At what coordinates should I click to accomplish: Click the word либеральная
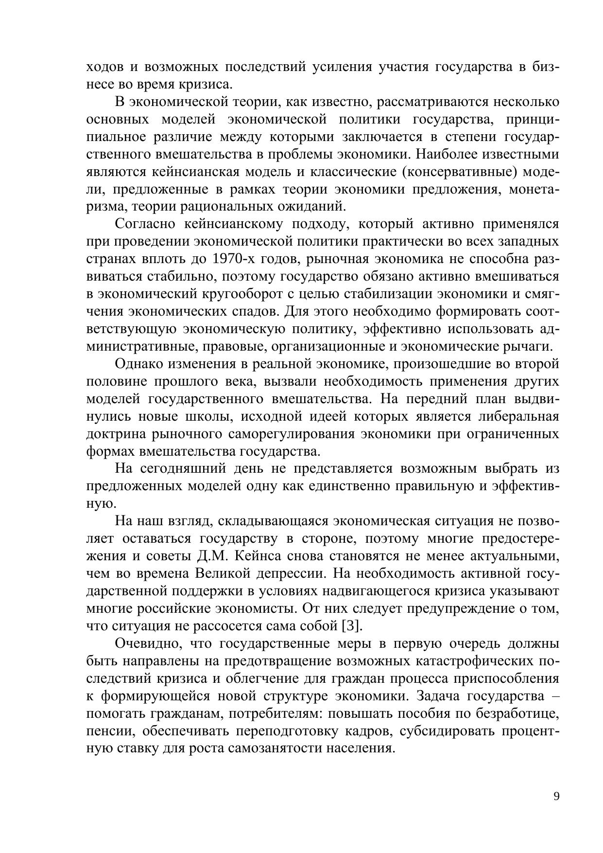[x=519, y=416]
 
